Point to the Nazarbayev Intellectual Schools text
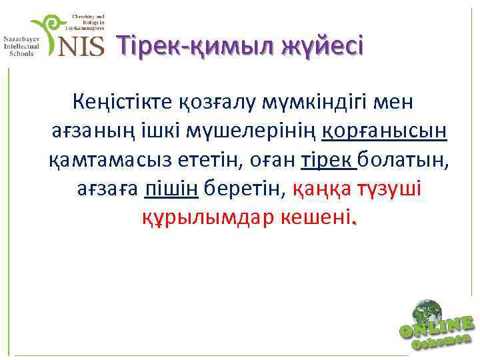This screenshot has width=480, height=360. pos(22,47)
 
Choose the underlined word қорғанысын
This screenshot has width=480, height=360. pos(385,131)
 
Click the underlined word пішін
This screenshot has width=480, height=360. pos(171,188)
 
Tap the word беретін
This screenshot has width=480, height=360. pos(246,188)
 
